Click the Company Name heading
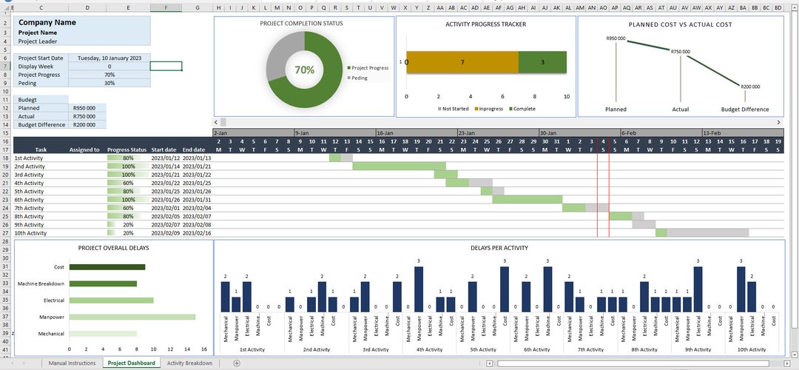pos(47,22)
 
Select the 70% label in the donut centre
pos(304,70)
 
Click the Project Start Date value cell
pos(109,58)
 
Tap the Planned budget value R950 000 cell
pos(87,108)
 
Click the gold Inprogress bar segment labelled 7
pos(462,63)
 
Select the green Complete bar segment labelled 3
pos(542,63)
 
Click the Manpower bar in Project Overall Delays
pos(132,317)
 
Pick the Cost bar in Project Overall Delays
pos(107,267)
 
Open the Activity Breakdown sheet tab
pos(189,363)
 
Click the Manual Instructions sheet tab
pos(72,363)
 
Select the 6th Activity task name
pos(30,200)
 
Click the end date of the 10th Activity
pos(197,233)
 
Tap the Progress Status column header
pos(127,149)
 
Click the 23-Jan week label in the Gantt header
pos(467,133)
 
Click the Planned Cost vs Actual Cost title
pos(680,24)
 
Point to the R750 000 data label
pos(680,52)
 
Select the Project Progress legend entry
pos(370,68)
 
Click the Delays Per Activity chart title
pos(499,248)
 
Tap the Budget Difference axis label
pos(745,110)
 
